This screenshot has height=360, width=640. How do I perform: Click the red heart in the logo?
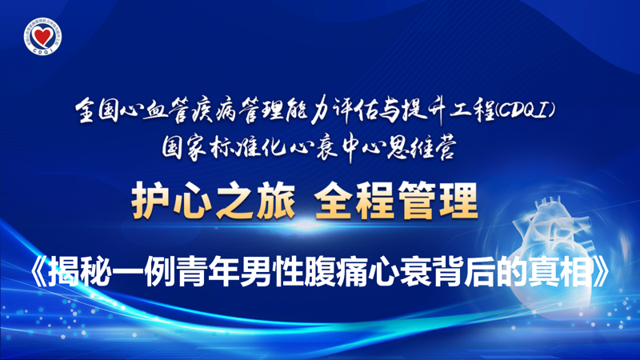(x=42, y=36)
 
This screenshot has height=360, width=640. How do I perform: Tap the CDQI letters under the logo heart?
(x=42, y=50)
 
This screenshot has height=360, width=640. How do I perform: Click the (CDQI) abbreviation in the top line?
(x=526, y=110)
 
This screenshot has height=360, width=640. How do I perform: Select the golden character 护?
(x=151, y=201)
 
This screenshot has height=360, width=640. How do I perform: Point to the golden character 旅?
(x=275, y=201)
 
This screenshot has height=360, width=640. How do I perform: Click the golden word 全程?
(x=354, y=201)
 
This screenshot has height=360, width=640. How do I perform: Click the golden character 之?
(x=234, y=201)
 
